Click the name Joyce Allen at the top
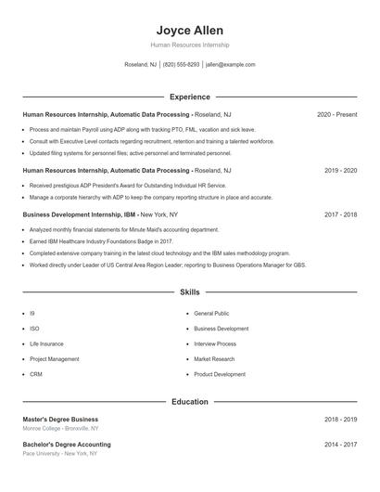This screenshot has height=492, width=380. (189, 31)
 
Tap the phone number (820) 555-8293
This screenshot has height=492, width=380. (181, 65)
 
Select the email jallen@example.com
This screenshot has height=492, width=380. (230, 65)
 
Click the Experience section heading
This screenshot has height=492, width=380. (189, 97)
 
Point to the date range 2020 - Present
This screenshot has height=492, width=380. (336, 114)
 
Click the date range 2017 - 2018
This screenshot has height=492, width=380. (340, 214)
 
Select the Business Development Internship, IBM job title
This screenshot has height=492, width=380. (78, 214)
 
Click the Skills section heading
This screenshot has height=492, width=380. (189, 291)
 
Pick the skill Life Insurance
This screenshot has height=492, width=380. (46, 343)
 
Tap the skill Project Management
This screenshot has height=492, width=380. (54, 358)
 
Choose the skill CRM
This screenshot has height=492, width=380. (36, 374)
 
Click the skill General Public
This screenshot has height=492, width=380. (211, 314)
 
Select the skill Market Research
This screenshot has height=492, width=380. (214, 358)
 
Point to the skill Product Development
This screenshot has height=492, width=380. (220, 374)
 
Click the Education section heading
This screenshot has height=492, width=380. (189, 402)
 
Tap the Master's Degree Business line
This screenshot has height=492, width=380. (60, 420)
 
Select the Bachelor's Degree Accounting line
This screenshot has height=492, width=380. (66, 445)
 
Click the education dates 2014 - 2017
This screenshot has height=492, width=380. (340, 445)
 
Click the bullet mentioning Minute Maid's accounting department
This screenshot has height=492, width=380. (124, 228)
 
